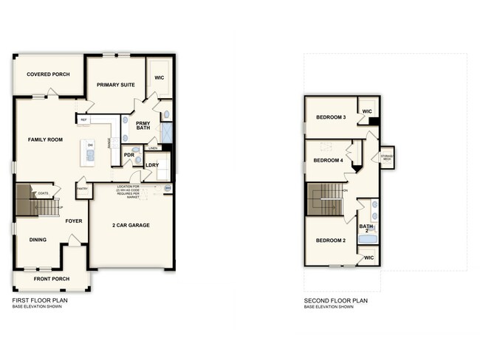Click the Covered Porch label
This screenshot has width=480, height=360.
tap(49, 74)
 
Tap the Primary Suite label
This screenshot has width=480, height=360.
tap(114, 85)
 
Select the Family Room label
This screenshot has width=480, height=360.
tap(44, 139)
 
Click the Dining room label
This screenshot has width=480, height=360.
tap(38, 239)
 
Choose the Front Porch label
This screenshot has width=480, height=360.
tap(51, 279)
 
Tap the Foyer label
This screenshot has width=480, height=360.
tap(74, 220)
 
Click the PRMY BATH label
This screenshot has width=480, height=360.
tap(143, 126)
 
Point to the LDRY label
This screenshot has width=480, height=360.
tap(152, 165)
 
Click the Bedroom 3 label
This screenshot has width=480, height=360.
tap(332, 117)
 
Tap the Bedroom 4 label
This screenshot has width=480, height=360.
tap(328, 160)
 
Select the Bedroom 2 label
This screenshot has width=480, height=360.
tap(332, 240)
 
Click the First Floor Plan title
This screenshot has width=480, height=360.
tap(44, 301)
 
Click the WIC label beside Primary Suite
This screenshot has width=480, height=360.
tap(159, 77)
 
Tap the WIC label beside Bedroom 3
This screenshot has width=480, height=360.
tap(367, 112)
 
